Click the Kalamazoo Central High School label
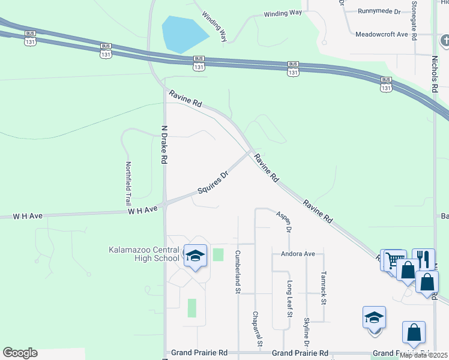[144, 254]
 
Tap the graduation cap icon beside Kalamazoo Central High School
[195, 256]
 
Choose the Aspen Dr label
[285, 221]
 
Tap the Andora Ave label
[294, 254]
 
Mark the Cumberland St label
[238, 272]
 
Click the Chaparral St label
[256, 329]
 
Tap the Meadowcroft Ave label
[390, 35]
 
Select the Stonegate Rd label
[414, 17]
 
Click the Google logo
[20, 353]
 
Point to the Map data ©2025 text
[424, 355]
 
